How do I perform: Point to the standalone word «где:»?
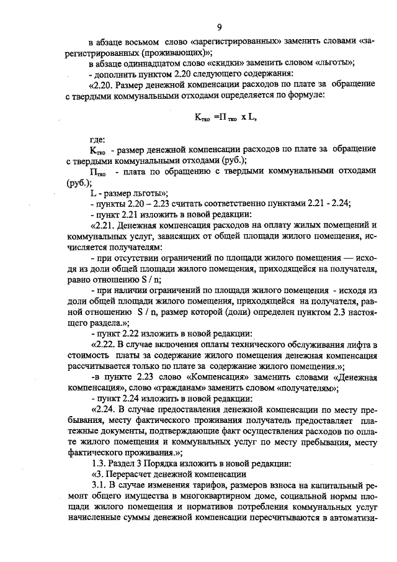point(97,140)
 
